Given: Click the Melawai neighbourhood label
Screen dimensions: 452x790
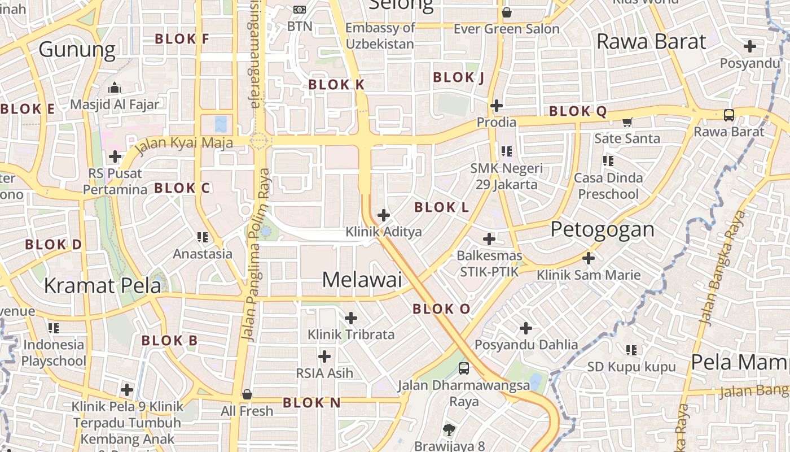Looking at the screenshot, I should (362, 280).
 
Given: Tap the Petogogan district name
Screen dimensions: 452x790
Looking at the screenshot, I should (602, 229).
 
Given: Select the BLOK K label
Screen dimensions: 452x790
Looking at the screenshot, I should (336, 85).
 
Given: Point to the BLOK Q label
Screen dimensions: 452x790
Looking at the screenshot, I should (578, 111).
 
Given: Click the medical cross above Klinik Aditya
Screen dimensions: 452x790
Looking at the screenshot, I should (384, 215).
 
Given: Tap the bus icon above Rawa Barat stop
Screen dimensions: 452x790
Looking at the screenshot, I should (729, 115).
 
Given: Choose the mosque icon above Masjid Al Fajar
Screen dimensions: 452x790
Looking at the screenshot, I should (115, 88).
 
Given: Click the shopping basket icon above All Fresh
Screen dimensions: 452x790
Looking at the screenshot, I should (247, 394).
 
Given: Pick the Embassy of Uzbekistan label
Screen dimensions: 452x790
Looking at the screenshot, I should (380, 36).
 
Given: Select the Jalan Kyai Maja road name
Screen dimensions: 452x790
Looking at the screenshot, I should (185, 142).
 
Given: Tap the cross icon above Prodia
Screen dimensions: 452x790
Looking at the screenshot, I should (497, 106).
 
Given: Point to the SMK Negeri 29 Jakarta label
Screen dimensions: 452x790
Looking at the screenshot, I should (506, 176).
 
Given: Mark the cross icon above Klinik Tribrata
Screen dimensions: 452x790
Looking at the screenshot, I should (351, 318).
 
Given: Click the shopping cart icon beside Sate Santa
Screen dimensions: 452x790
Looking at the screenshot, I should (627, 122).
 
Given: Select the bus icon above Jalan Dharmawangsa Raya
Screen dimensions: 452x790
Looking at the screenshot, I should (464, 368).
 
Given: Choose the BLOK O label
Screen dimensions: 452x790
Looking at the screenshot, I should (441, 309).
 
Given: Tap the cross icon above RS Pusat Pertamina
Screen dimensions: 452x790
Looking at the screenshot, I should (115, 157).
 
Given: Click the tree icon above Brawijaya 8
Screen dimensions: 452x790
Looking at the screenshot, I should (449, 430).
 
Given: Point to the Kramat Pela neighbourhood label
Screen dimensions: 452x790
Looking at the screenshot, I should (102, 286).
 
